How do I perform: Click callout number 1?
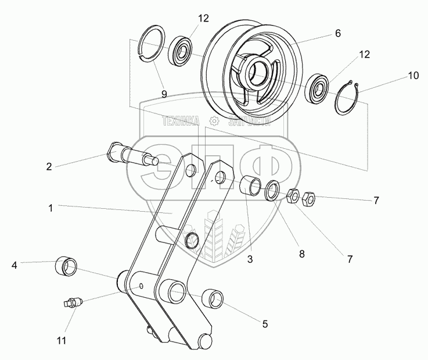pos(51,208)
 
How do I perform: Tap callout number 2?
pos(49,166)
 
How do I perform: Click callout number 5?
pos(264,324)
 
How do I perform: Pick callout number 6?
pos(337,34)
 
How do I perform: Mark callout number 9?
pos(164,92)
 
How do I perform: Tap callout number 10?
pos(397,76)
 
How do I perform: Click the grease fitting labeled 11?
pos(73,302)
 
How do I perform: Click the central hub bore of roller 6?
pos(258,71)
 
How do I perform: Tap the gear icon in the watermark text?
pos(214,121)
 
